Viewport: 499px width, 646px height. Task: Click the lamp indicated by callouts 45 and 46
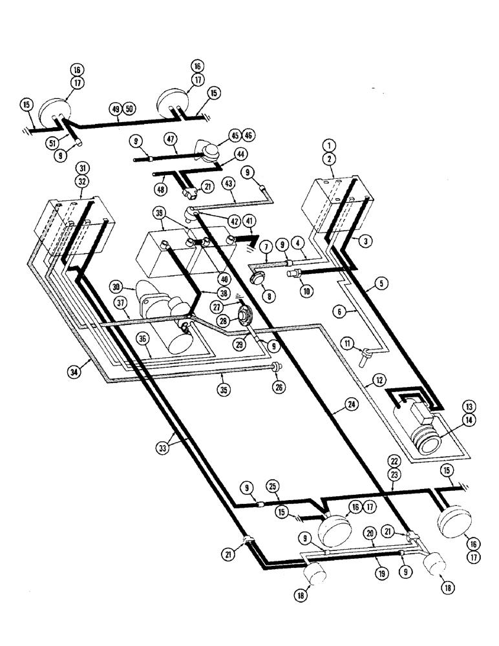tap(207, 154)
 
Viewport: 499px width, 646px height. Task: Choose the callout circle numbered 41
tap(251, 222)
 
